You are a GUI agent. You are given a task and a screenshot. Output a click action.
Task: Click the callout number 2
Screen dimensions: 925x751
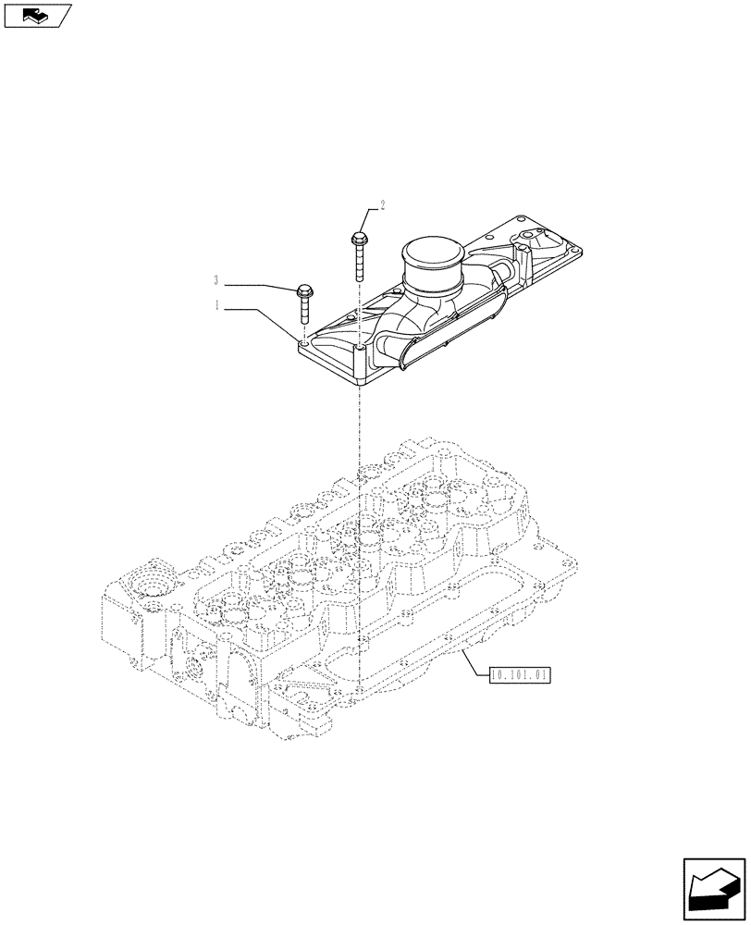[382, 204]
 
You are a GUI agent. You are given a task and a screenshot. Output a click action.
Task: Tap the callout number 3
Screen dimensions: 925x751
[216, 280]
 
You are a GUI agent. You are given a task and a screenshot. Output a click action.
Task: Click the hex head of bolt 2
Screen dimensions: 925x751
[358, 240]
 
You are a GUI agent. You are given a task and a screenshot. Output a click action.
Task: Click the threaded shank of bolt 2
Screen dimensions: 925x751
[358, 265]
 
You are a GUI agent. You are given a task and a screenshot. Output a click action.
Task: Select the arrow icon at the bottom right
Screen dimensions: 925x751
[714, 889]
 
